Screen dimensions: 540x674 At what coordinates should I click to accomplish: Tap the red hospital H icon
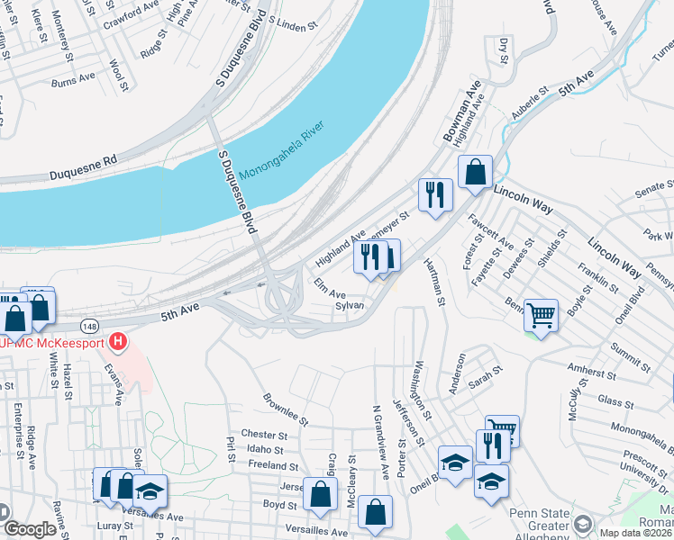pyautogui.click(x=116, y=343)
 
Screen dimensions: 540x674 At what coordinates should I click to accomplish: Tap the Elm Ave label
pyautogui.click(x=330, y=289)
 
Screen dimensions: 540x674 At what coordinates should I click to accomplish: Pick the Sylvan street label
pyautogui.click(x=349, y=306)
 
